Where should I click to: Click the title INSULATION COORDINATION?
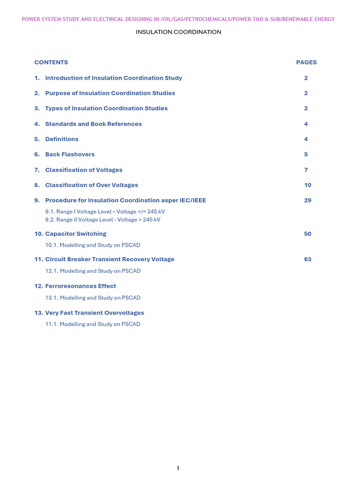[178, 32]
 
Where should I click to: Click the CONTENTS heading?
[51, 62]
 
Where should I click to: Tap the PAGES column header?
[306, 62]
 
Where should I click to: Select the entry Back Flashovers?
[70, 154]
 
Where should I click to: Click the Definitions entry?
[62, 139]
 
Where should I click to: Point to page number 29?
[307, 200]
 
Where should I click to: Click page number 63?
[307, 259]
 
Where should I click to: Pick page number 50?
[307, 233]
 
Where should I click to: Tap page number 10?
[307, 185]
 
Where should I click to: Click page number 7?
[306, 170]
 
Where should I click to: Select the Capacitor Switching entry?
[75, 233]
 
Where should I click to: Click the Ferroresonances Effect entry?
[80, 286]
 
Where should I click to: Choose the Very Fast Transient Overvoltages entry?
[94, 313]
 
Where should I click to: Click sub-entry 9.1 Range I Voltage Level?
[105, 211]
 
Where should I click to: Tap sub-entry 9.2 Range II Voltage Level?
[103, 219]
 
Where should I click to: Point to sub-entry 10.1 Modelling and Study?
[93, 245]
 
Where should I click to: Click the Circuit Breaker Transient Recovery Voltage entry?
[109, 259]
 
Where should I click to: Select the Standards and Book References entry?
[93, 124]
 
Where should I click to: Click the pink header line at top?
[178, 19]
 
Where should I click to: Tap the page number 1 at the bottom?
[178, 468]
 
